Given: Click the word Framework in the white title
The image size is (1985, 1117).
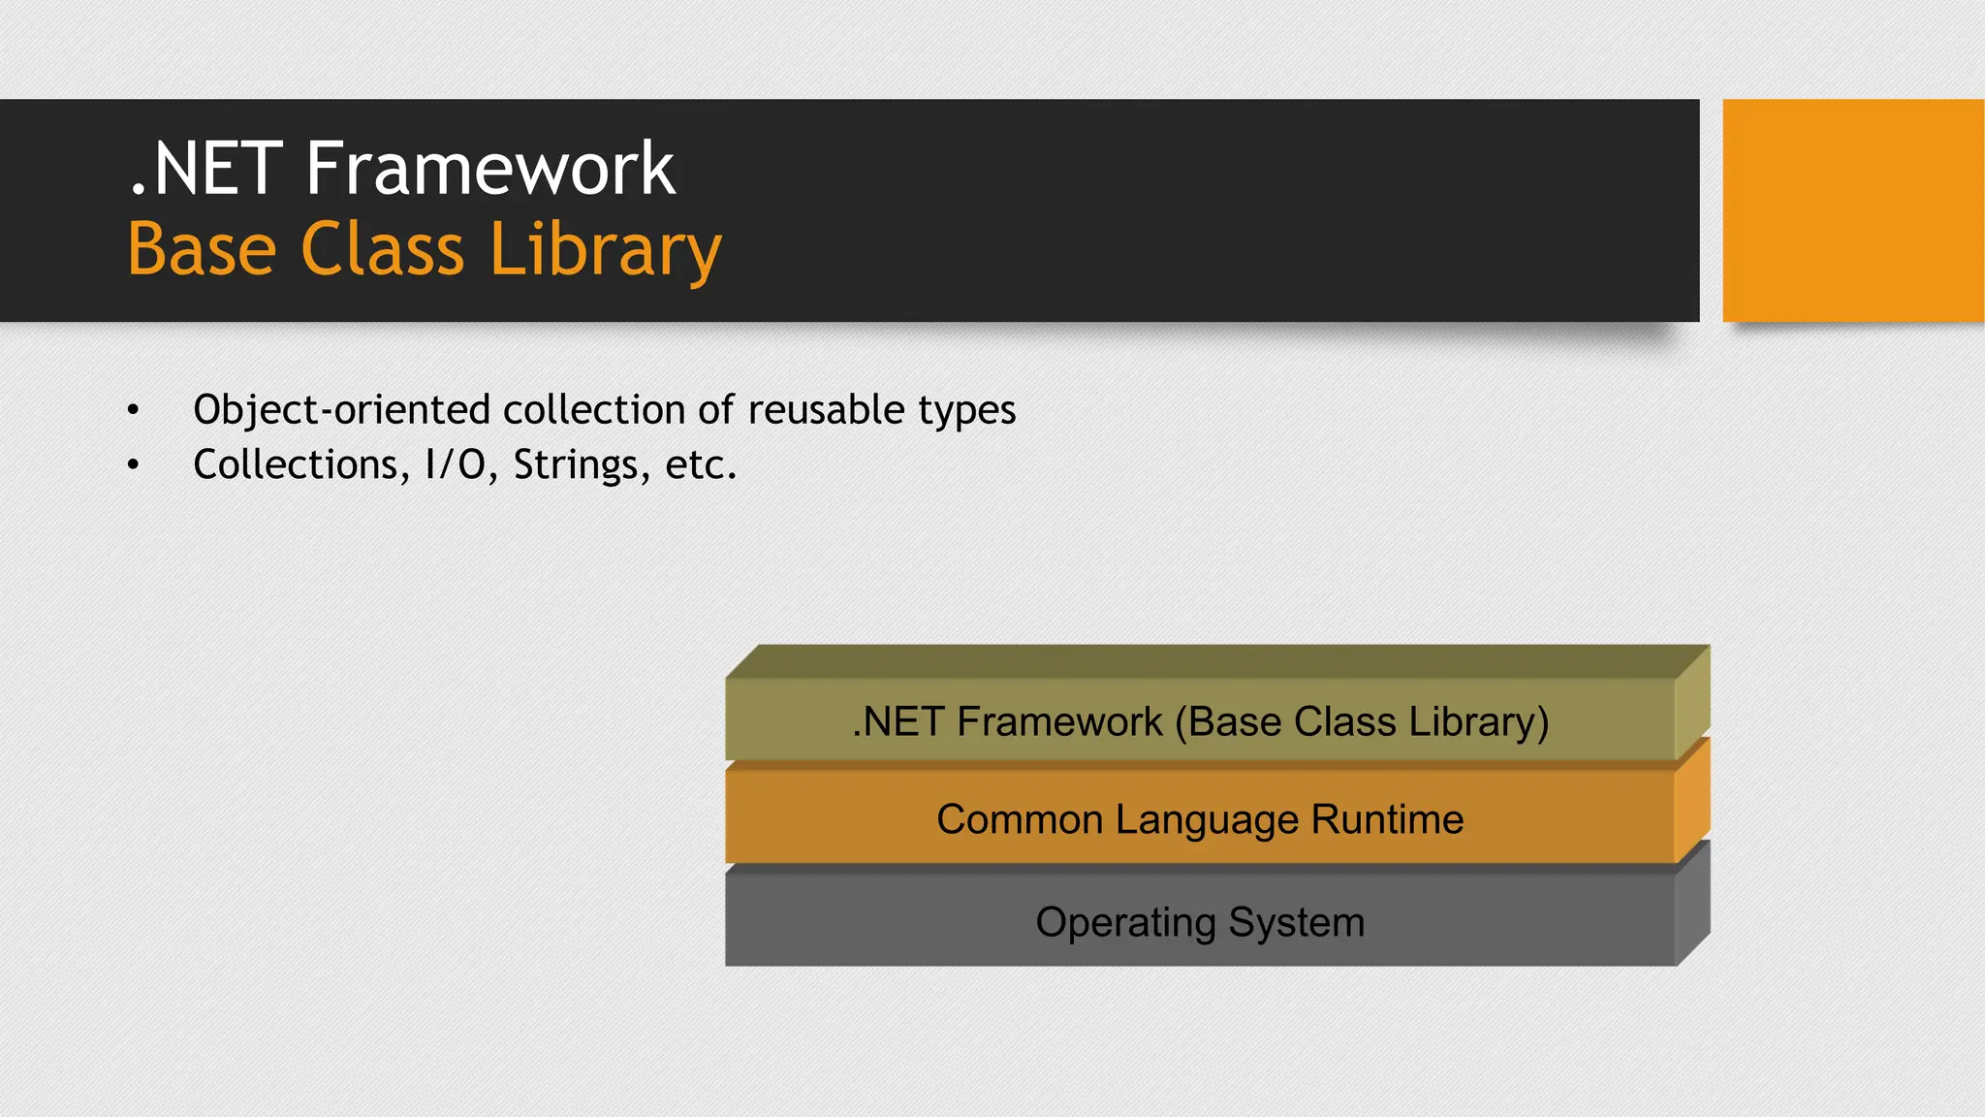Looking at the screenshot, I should pyautogui.click(x=489, y=169).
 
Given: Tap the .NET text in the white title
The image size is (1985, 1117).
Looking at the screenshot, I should pyautogui.click(x=205, y=169).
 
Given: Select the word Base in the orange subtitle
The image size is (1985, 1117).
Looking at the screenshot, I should pyautogui.click(x=202, y=249).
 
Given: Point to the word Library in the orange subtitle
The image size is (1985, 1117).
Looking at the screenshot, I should pyautogui.click(x=606, y=251).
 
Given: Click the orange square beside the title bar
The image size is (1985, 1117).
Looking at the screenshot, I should pyautogui.click(x=1852, y=210).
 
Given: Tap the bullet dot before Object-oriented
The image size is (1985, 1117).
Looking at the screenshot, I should pyautogui.click(x=133, y=410).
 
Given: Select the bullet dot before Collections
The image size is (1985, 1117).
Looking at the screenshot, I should pyautogui.click(x=133, y=465).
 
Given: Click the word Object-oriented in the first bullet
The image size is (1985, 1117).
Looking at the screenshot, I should pyautogui.click(x=342, y=410).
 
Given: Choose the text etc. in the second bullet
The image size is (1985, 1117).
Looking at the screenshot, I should pyautogui.click(x=700, y=465).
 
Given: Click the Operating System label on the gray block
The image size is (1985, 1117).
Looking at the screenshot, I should pyautogui.click(x=1200, y=922).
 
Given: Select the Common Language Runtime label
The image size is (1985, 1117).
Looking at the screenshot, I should pyautogui.click(x=1200, y=820).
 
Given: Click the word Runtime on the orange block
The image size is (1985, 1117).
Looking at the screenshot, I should pyautogui.click(x=1387, y=820).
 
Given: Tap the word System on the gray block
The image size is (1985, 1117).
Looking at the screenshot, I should pyautogui.click(x=1296, y=922).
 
